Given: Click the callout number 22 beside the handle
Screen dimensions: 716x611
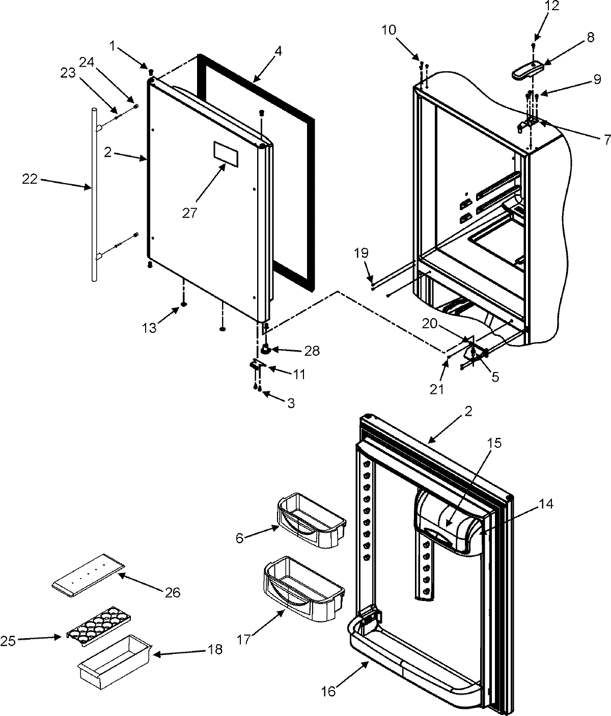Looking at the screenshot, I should [30, 180].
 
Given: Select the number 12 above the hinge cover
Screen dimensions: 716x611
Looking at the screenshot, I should [537, 6].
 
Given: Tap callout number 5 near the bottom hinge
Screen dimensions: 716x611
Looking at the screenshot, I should [494, 377].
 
